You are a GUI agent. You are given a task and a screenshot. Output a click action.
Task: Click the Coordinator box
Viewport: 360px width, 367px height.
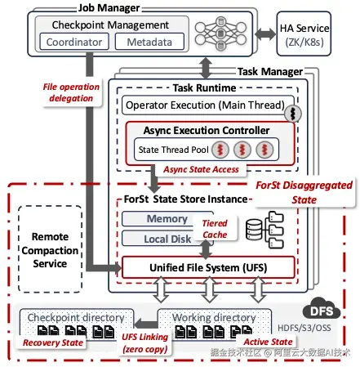tap(74, 42)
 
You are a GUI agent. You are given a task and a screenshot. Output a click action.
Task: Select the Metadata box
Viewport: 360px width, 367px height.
tap(149, 42)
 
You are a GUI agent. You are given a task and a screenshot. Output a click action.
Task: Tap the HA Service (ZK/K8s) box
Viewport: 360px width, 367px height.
tap(304, 34)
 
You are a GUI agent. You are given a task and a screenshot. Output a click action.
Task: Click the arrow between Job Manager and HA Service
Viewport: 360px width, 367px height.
tap(265, 34)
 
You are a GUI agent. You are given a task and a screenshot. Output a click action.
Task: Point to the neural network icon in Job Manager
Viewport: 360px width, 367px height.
tap(220, 34)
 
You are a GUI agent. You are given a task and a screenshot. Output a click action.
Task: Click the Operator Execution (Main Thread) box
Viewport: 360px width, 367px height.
tap(207, 105)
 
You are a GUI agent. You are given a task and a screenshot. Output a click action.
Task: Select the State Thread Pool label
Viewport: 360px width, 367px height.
tap(173, 150)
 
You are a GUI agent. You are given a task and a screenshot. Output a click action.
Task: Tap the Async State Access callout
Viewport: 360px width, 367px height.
tap(201, 169)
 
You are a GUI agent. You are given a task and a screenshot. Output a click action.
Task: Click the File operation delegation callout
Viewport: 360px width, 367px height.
tap(71, 92)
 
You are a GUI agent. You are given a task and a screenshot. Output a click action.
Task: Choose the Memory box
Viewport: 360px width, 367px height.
tap(167, 218)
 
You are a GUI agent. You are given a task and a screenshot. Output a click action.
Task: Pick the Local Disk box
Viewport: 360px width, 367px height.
tap(167, 239)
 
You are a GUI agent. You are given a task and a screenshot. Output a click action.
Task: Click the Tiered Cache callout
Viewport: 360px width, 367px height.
tap(215, 229)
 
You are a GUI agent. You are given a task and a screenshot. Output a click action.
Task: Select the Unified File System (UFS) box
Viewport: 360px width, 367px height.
tap(208, 267)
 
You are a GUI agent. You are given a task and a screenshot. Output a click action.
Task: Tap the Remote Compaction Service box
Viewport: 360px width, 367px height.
tap(50, 249)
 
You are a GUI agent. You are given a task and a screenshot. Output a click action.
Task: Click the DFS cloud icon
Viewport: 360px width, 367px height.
tap(322, 309)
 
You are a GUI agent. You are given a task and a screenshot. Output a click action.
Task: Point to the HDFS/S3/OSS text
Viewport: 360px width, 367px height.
tap(304, 328)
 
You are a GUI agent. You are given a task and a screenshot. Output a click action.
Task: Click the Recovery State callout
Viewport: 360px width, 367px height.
tap(53, 342)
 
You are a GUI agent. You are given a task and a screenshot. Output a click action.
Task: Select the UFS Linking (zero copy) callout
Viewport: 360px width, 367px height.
tap(144, 342)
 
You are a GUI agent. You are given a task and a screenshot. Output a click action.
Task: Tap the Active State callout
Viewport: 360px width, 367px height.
tap(268, 342)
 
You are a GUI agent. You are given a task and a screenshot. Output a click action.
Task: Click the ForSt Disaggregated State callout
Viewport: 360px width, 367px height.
tap(304, 192)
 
